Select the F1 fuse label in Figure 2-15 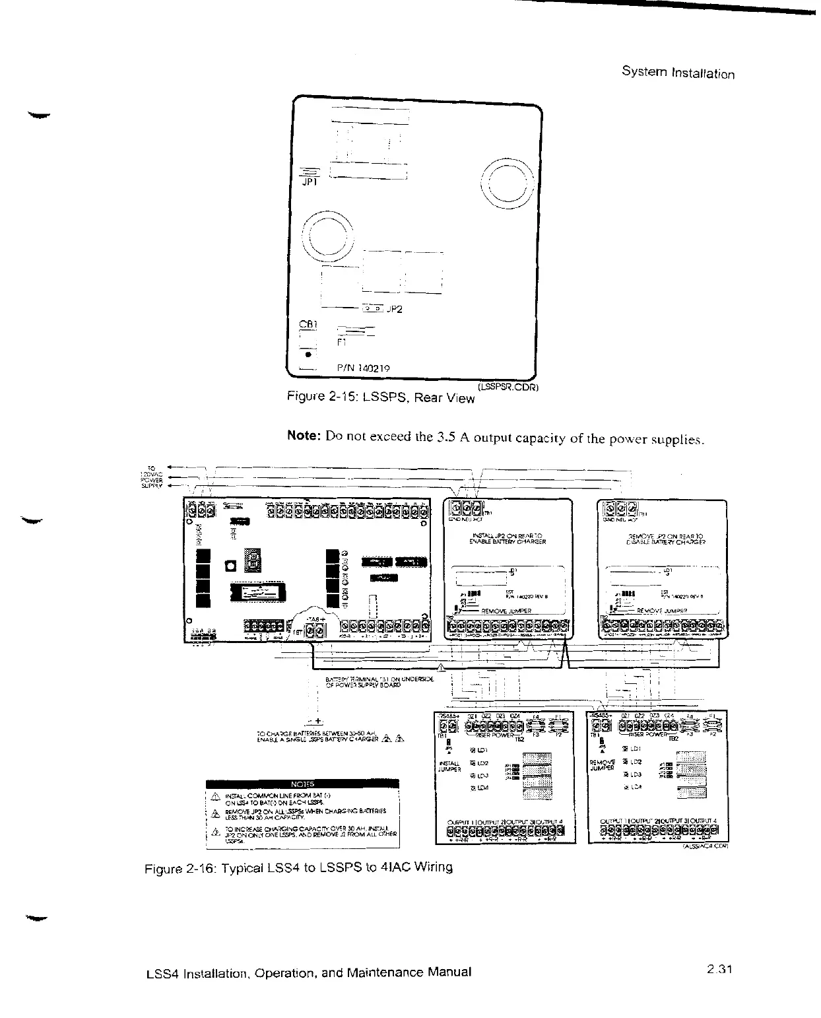coord(341,343)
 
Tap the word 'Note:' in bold coord(304,437)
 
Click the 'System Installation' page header coord(678,73)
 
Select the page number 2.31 coord(719,970)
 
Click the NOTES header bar coord(303,784)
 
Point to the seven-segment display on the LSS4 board coord(253,563)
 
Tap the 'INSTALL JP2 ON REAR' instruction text coord(508,538)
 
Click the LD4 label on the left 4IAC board coord(481,788)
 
